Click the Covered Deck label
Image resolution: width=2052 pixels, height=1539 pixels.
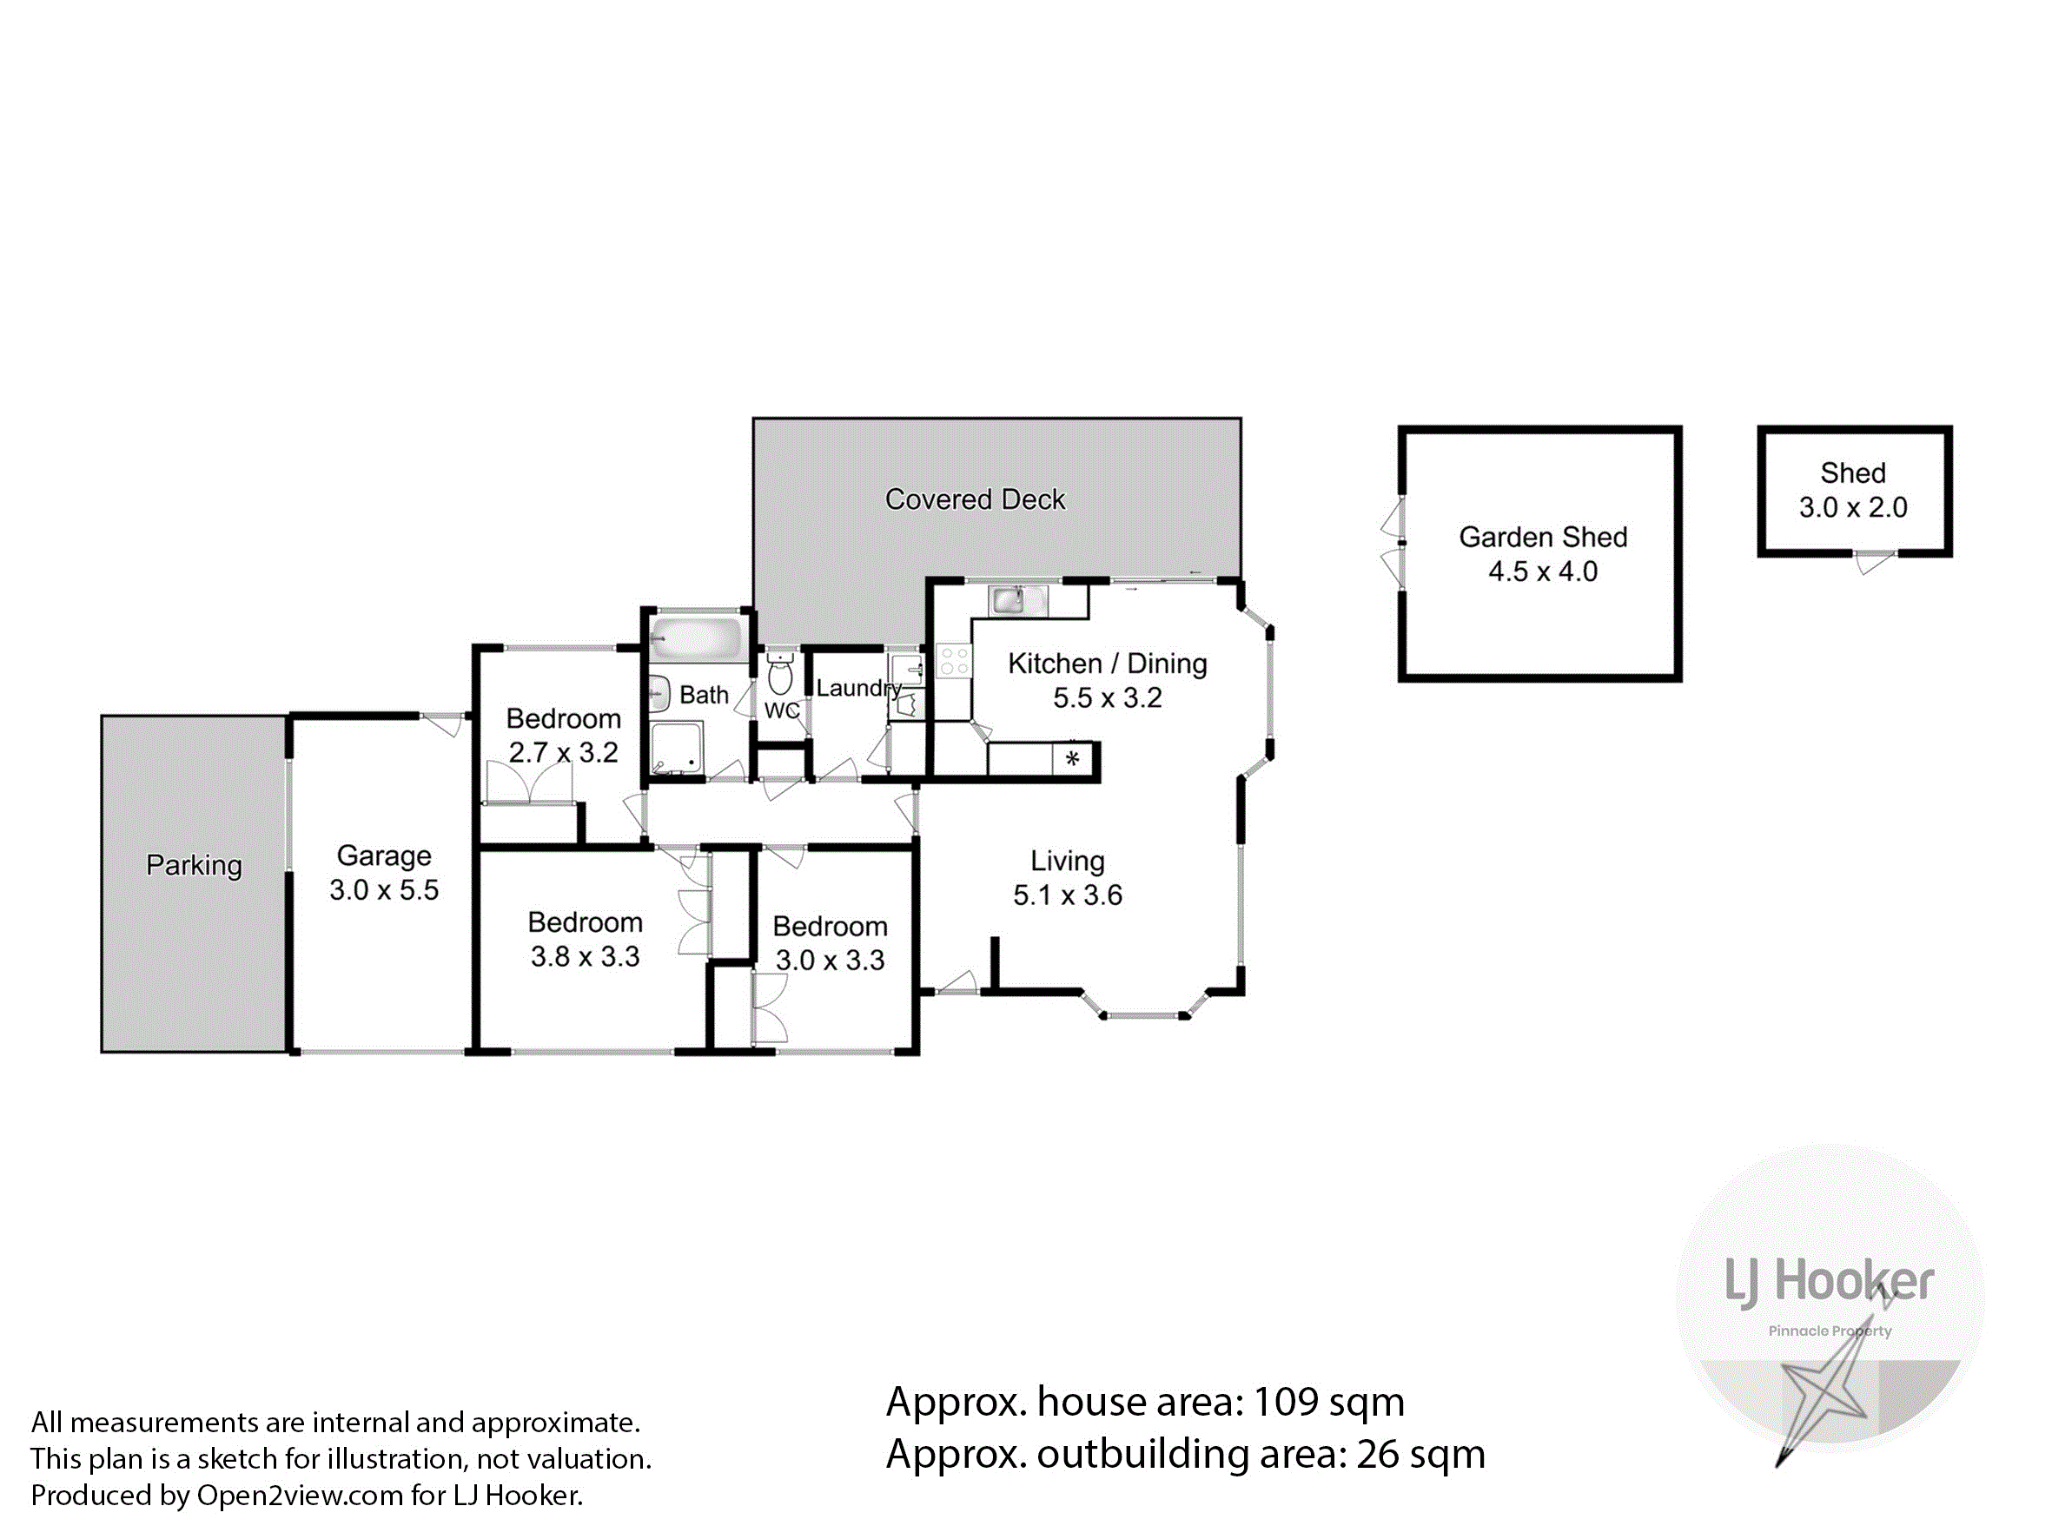(x=975, y=500)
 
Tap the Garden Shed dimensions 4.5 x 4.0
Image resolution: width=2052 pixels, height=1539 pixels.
(x=1543, y=571)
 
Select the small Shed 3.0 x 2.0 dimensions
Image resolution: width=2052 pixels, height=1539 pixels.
(x=1852, y=507)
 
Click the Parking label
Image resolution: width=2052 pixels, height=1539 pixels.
(x=194, y=866)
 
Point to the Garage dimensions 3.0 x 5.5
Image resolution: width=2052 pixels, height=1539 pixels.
(x=384, y=890)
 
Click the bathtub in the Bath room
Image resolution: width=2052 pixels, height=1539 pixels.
(x=697, y=638)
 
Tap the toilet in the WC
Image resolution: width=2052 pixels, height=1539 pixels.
(x=780, y=673)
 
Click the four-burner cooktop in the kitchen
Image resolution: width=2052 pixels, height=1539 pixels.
(x=954, y=662)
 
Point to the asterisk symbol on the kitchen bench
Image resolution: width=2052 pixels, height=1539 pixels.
(x=1072, y=759)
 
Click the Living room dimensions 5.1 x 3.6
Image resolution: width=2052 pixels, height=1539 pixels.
(x=1067, y=895)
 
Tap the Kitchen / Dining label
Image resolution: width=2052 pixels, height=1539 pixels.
(x=1108, y=664)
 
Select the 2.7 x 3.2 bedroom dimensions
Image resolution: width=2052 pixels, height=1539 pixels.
(x=563, y=752)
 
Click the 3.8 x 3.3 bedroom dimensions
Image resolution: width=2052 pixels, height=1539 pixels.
(x=585, y=956)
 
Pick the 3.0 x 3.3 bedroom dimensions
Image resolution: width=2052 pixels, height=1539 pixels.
(x=830, y=960)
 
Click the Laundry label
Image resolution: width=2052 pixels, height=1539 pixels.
(x=859, y=689)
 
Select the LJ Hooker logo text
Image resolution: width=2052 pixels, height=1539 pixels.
(x=1829, y=1284)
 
